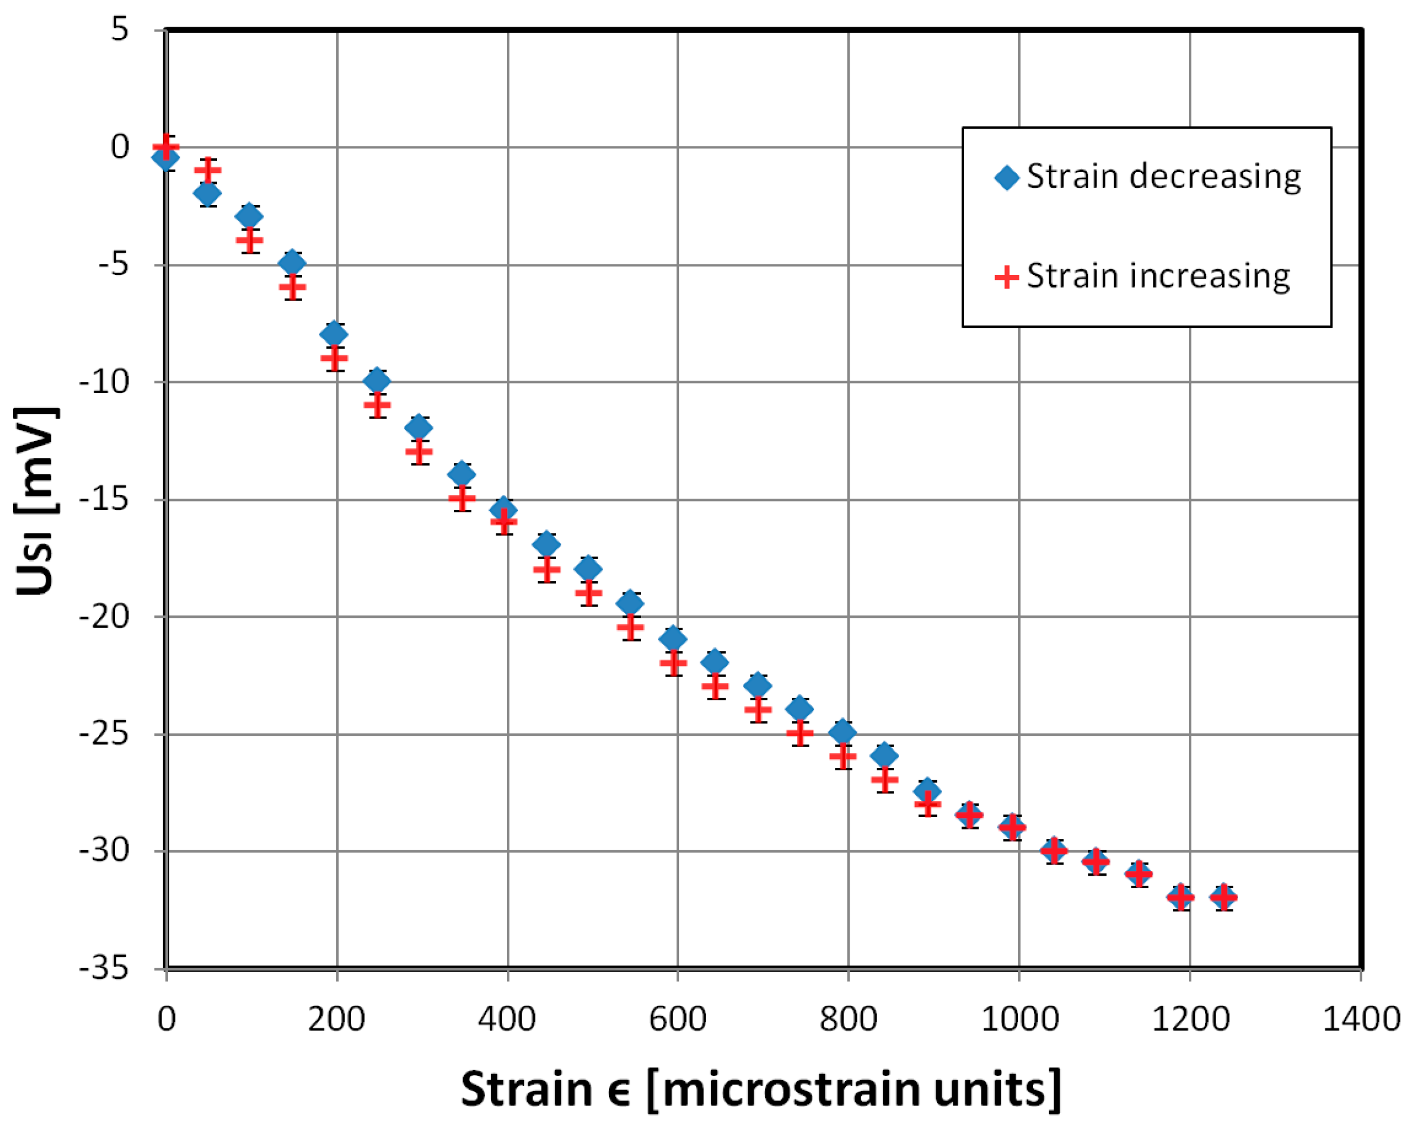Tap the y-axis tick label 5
click(120, 30)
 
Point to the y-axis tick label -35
click(104, 968)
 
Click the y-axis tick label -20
click(104, 616)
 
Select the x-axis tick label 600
click(678, 1020)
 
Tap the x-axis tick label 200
click(336, 1020)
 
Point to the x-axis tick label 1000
click(1019, 1020)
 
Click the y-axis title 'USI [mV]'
click(36, 502)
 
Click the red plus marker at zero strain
click(166, 147)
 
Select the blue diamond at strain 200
click(334, 334)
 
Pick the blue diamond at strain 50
click(207, 193)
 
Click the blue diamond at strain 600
click(673, 639)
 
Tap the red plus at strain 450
click(546, 569)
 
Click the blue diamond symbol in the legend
click(1007, 177)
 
